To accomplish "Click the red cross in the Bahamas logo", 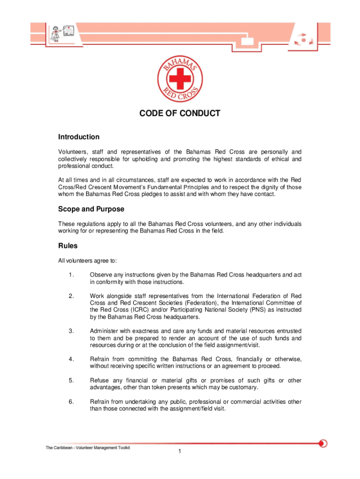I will (x=180, y=78).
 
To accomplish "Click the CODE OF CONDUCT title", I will (x=180, y=113).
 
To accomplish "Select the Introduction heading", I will (x=79, y=137).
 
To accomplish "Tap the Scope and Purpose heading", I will (x=91, y=209).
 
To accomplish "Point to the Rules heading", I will (x=68, y=246).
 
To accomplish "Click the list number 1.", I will (x=71, y=275).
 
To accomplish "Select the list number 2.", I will (x=71, y=296).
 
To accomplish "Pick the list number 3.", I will (x=71, y=331).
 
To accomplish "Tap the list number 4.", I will (x=71, y=359).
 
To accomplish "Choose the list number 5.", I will (x=71, y=380).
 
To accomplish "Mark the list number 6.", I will (x=71, y=402).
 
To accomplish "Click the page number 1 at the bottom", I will (x=180, y=451).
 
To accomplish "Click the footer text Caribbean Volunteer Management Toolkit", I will (x=88, y=448).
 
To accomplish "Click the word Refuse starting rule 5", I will (x=99, y=380).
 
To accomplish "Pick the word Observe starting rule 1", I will (x=101, y=275).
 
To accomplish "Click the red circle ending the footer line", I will (x=323, y=443).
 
